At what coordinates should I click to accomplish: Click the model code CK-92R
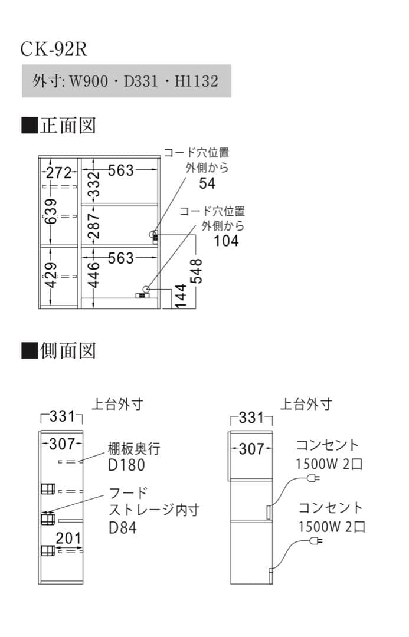54,49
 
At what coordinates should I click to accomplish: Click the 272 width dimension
59,173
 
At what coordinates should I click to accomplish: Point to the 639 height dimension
51,211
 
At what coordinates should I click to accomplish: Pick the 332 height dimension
93,185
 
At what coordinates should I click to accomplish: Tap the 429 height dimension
51,275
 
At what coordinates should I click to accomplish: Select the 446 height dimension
93,274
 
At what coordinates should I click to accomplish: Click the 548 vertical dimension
197,270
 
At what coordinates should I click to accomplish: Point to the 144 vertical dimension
181,296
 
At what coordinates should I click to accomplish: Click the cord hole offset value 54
207,183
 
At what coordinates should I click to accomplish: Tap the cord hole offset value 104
226,241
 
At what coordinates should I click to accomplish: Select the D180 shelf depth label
126,465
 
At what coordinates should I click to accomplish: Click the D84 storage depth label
122,527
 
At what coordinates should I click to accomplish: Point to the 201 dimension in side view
68,537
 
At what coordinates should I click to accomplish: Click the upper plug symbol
315,478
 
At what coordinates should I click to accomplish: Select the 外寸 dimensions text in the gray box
126,81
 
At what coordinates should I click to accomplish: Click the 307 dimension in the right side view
251,449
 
